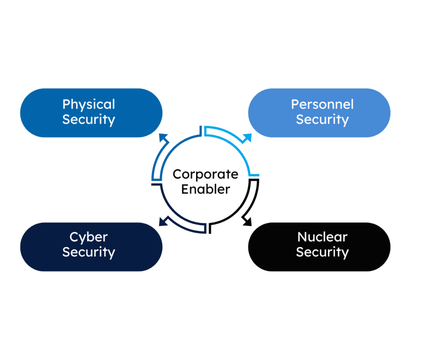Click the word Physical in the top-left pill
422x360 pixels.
[89, 105]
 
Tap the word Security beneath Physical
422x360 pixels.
[89, 120]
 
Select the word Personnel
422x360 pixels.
[322, 104]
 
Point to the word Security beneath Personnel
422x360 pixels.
[322, 120]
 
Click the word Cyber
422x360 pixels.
[89, 237]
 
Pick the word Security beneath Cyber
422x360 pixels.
[89, 252]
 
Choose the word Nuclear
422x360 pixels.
[322, 237]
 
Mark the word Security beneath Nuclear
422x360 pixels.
[322, 252]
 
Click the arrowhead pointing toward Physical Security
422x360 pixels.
[164, 139]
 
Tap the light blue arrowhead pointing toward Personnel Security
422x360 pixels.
[247, 138]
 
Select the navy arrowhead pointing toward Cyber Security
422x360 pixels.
[163, 221]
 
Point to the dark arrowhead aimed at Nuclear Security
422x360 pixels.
[247, 221]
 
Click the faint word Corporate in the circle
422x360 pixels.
[205, 174]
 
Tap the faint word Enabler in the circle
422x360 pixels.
[205, 189]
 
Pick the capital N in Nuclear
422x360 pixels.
[302, 237]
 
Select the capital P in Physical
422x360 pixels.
[66, 105]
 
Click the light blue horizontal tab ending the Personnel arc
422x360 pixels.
[254, 175]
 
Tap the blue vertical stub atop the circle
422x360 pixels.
[201, 130]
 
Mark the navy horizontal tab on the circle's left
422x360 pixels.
[155, 184]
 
